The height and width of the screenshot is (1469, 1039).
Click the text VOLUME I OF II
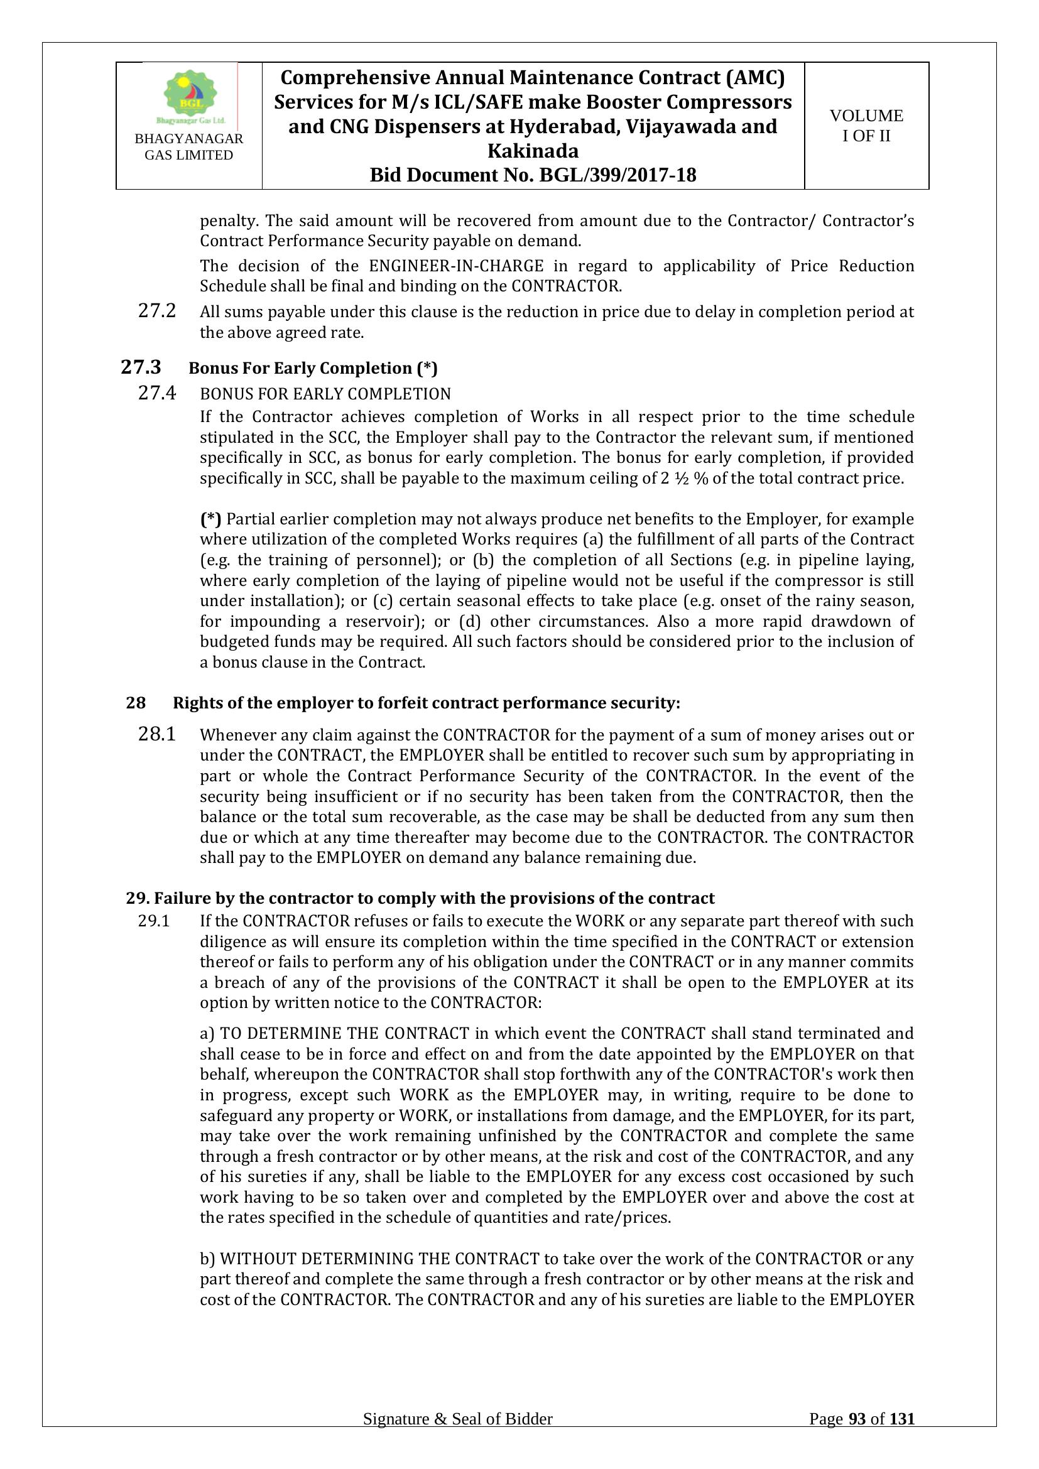pyautogui.click(x=866, y=126)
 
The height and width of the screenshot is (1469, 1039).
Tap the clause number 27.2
pyautogui.click(x=157, y=312)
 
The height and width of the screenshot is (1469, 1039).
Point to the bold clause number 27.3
pyautogui.click(x=141, y=367)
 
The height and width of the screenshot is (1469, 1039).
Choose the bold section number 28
pyautogui.click(x=136, y=703)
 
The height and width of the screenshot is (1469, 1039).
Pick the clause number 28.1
pyautogui.click(x=157, y=735)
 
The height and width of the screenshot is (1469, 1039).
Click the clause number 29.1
pyautogui.click(x=153, y=921)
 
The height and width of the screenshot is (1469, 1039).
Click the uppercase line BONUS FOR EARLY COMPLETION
pyautogui.click(x=325, y=394)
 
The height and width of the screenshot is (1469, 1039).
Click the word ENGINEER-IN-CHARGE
pyautogui.click(x=456, y=266)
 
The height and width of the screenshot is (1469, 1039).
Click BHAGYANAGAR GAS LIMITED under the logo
pyautogui.click(x=188, y=146)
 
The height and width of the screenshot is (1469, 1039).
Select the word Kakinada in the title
pyautogui.click(x=532, y=151)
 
